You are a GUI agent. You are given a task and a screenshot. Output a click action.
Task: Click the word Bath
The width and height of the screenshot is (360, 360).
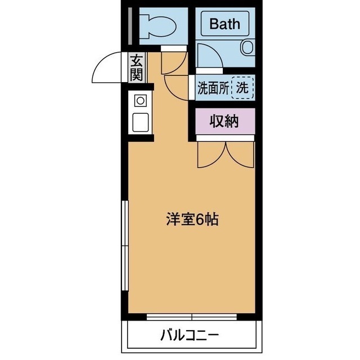point(225,24)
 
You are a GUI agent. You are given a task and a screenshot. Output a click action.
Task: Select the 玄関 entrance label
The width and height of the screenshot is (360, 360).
point(137,67)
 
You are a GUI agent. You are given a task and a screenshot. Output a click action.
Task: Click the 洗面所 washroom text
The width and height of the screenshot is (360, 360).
point(213,88)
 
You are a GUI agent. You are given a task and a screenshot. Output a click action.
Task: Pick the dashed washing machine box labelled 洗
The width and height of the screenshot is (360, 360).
point(243,88)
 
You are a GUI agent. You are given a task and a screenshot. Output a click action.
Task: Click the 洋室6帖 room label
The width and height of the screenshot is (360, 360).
point(191,219)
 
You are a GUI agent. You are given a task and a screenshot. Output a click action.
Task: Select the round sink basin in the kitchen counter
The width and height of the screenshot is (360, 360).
point(140,101)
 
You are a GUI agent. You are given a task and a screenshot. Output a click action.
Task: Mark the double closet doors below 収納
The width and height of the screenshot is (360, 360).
point(226,155)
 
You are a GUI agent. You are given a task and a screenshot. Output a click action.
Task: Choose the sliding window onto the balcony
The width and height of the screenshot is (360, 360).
point(192,316)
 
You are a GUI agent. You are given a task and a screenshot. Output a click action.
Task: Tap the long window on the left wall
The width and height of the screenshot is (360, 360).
point(125,247)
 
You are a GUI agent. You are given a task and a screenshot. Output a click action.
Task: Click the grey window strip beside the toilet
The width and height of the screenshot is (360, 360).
point(130,25)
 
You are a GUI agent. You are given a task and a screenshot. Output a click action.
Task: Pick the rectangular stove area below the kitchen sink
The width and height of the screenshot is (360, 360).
point(140,121)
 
